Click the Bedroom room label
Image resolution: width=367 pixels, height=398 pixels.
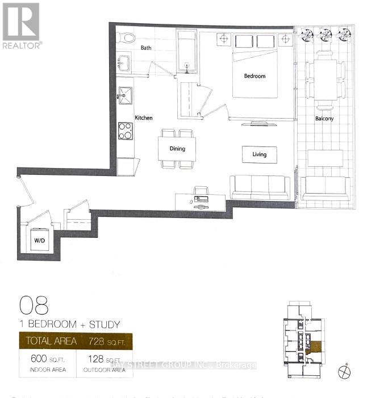tap(255, 76)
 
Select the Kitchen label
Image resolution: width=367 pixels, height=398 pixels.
tap(143, 118)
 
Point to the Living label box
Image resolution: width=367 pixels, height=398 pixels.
tap(260, 154)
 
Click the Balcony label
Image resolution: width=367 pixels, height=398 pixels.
tap(324, 119)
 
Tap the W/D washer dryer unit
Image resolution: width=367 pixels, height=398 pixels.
tap(39, 240)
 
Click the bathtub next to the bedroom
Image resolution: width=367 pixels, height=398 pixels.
tap(187, 52)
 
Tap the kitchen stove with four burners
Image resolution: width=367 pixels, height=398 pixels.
tap(125, 131)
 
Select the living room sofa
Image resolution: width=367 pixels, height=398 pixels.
tap(259, 187)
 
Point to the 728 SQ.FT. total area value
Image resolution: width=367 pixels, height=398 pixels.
tap(107, 341)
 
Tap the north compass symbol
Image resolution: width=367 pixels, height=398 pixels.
tap(344, 372)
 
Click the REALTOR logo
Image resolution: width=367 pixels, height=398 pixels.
tap(21, 25)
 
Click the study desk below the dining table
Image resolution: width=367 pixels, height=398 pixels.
tap(200, 201)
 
